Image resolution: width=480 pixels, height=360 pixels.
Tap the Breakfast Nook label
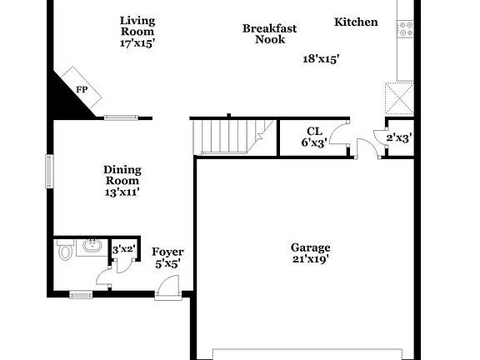269,33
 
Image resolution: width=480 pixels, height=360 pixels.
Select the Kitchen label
356,22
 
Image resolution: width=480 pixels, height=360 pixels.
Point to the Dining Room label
122,175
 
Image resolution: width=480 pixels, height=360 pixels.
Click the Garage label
310,247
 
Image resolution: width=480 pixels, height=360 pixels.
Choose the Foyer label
167,252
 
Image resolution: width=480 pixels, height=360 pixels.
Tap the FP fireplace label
82,89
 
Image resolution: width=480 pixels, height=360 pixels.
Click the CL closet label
314,131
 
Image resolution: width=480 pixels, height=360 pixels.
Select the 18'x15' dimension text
321,58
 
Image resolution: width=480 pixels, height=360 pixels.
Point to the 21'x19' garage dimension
310,259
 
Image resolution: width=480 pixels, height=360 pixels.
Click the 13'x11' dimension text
122,192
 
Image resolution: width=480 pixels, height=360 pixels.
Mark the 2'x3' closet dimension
398,137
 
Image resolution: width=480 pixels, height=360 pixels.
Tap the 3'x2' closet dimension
123,248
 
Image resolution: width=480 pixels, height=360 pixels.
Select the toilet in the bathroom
66,249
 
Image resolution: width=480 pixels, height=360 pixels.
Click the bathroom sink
89,247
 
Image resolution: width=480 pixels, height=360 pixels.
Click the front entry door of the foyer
167,288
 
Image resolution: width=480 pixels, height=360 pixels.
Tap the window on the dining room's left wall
49,171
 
